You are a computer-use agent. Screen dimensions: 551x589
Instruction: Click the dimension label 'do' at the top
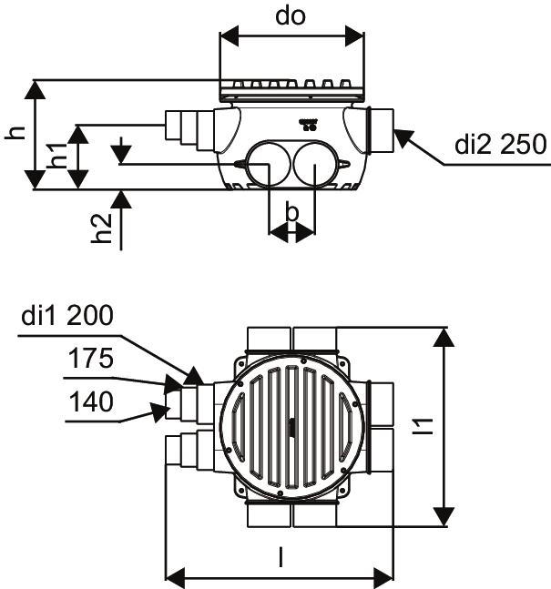291,16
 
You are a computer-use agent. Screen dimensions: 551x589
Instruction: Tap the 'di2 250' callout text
500,144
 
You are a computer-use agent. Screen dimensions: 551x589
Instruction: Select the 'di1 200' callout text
67,315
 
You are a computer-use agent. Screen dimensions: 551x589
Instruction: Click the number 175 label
90,358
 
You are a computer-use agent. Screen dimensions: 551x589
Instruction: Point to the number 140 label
91,401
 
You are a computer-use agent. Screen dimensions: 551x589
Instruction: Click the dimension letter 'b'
291,211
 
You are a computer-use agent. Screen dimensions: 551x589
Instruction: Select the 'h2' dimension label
102,228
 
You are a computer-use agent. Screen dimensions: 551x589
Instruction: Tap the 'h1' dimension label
56,155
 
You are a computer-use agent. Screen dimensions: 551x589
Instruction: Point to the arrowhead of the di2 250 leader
404,138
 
